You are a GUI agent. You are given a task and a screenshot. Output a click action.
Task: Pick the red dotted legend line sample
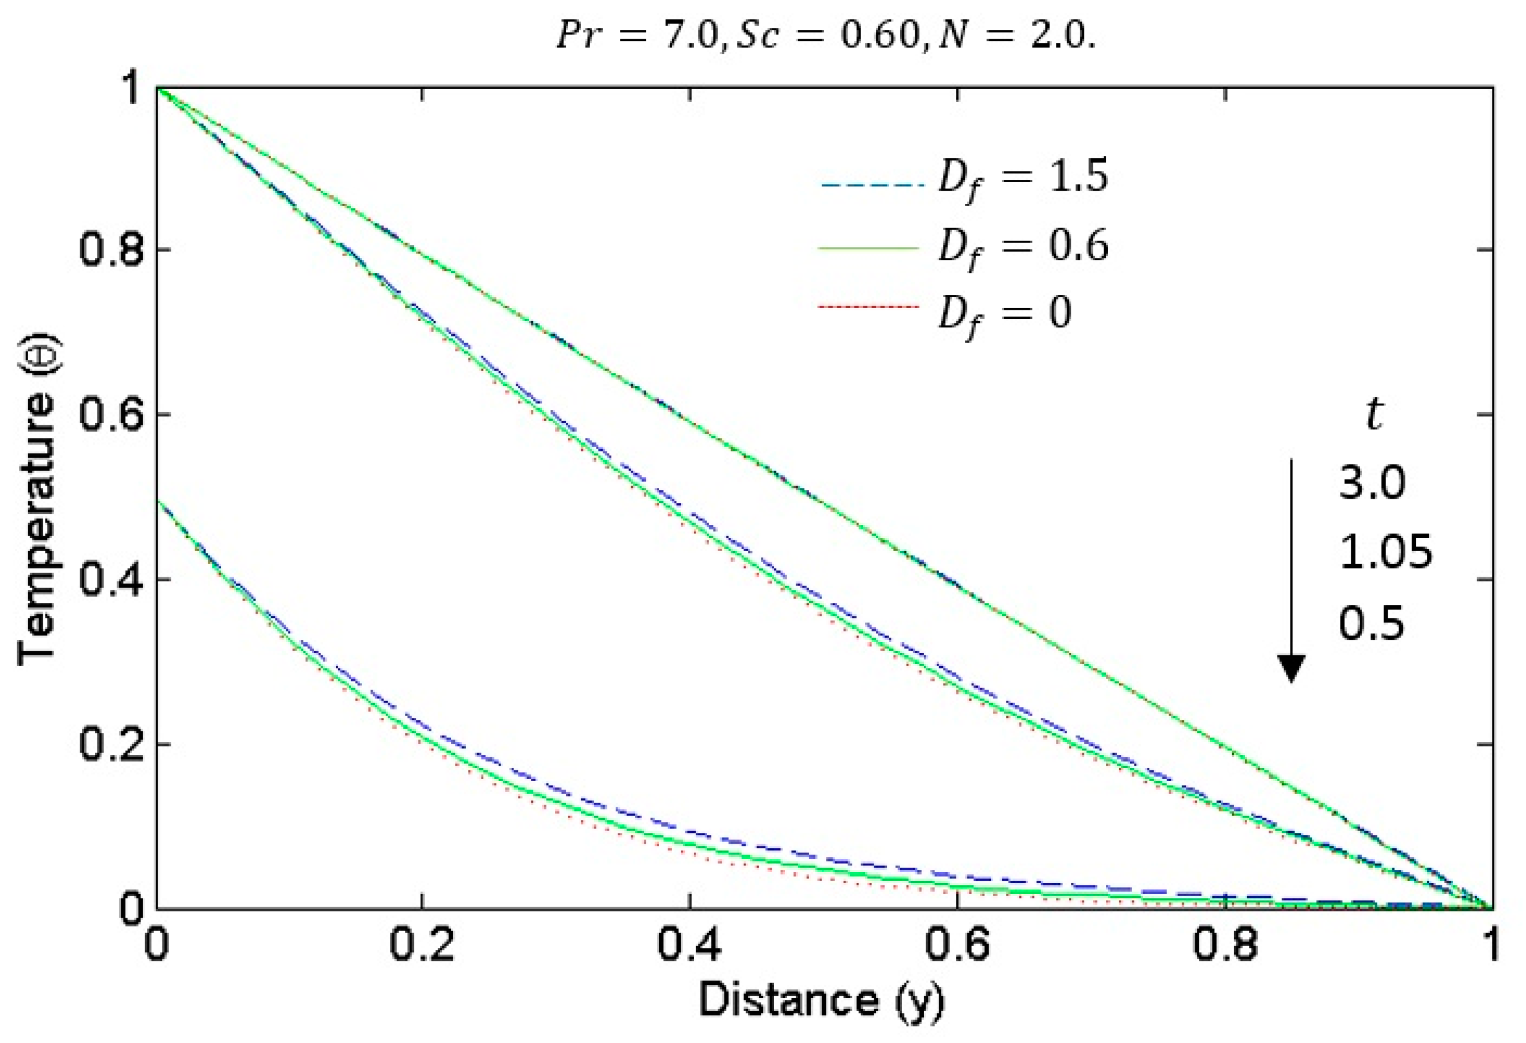tap(869, 307)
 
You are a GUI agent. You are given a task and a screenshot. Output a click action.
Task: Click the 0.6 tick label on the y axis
tap(110, 415)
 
